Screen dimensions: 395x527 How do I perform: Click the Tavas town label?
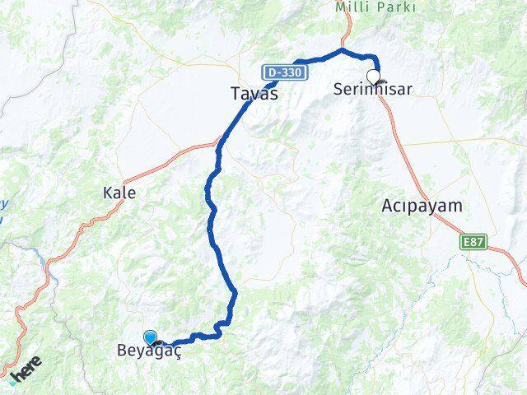[x=253, y=95]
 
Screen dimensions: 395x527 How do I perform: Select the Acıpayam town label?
[x=422, y=206]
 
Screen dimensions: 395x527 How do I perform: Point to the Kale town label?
[x=119, y=193]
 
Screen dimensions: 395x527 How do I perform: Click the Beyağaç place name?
[x=148, y=350]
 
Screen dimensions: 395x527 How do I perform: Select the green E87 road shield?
[x=472, y=242]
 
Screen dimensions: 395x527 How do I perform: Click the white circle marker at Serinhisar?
[x=373, y=77]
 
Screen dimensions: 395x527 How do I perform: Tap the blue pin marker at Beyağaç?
[x=150, y=337]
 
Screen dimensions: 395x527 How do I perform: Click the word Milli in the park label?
[x=352, y=7]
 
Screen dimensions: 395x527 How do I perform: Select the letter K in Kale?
[x=107, y=193]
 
